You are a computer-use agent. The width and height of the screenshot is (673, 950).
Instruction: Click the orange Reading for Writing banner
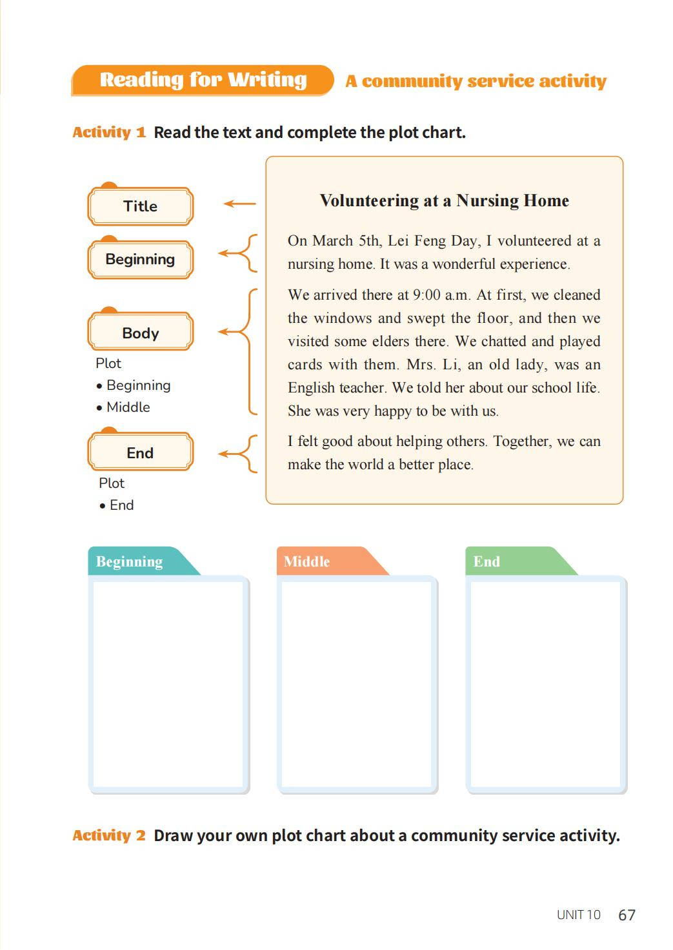203,80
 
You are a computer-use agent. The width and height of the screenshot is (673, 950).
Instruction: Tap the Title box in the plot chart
140,206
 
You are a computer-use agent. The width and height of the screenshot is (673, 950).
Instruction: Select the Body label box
140,333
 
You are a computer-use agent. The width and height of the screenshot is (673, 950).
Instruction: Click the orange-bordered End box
140,452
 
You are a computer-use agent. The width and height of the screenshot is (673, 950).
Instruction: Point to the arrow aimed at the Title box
239,204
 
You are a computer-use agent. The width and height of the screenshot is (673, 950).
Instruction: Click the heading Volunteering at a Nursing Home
444,200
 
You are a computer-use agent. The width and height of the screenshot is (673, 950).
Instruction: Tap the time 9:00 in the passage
426,295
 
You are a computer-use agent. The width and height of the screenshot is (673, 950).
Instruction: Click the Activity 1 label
109,133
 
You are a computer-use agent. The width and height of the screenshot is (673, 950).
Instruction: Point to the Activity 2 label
109,836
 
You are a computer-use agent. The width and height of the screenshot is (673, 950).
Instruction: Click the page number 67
627,915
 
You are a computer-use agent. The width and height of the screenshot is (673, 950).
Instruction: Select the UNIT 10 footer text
578,915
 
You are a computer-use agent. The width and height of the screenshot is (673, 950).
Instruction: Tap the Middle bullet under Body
128,407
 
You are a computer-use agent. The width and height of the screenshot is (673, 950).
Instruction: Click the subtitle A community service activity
476,81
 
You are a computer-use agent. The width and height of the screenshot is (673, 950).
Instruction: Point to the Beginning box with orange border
140,259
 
